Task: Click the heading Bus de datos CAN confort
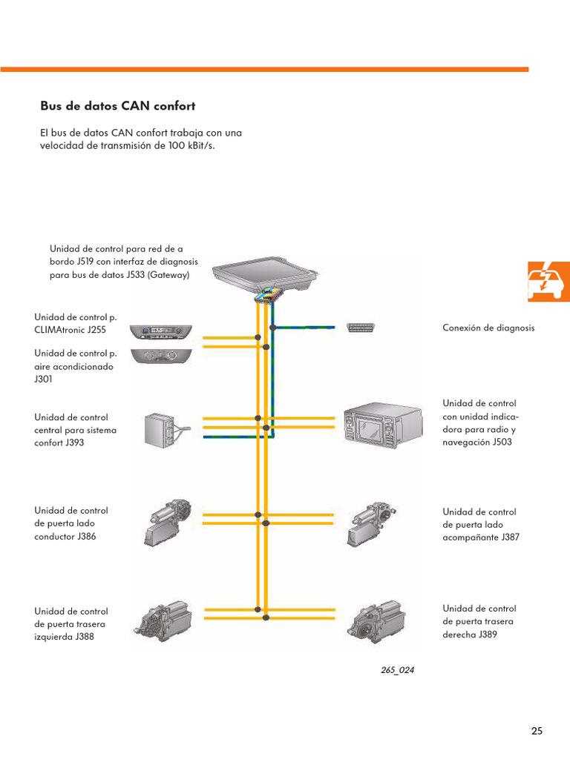point(117,106)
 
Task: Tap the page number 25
point(537,731)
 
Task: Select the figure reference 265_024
point(397,670)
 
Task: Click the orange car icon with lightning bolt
point(548,281)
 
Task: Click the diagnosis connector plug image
point(361,327)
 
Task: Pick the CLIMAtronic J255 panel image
point(160,331)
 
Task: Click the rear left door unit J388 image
point(165,618)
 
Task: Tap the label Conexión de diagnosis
point(488,328)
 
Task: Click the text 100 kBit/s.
point(195,145)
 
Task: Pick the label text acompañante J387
point(480,537)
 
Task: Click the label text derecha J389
point(469,634)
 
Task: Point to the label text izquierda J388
point(65,636)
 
